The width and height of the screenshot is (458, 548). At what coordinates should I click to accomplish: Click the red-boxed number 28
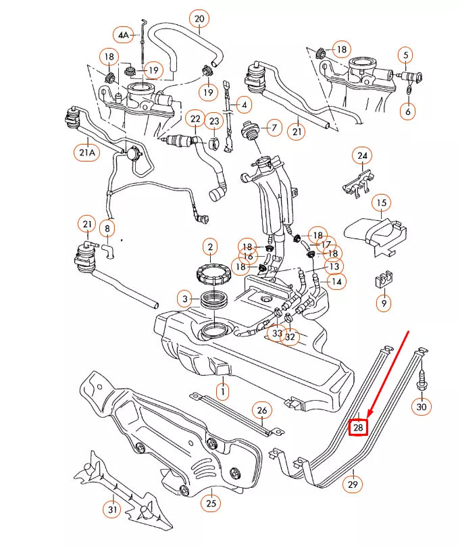(x=357, y=428)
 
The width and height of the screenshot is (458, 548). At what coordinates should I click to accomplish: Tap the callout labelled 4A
(x=124, y=34)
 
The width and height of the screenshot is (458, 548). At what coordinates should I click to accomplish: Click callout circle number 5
(x=405, y=55)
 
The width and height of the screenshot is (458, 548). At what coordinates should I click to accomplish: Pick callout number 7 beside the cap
(x=274, y=126)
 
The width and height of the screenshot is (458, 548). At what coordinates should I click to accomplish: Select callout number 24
(x=363, y=156)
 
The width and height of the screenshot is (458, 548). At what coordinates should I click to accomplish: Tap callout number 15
(x=382, y=202)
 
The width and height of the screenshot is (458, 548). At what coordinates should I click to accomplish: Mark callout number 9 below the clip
(x=384, y=303)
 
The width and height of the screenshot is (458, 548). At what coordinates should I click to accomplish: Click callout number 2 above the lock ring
(x=211, y=247)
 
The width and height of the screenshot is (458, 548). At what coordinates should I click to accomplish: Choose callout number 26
(x=261, y=409)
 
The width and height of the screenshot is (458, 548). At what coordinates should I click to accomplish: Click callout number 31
(x=113, y=508)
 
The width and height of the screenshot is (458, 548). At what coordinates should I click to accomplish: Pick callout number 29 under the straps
(x=353, y=484)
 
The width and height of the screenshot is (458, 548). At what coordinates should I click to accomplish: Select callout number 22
(x=195, y=120)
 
